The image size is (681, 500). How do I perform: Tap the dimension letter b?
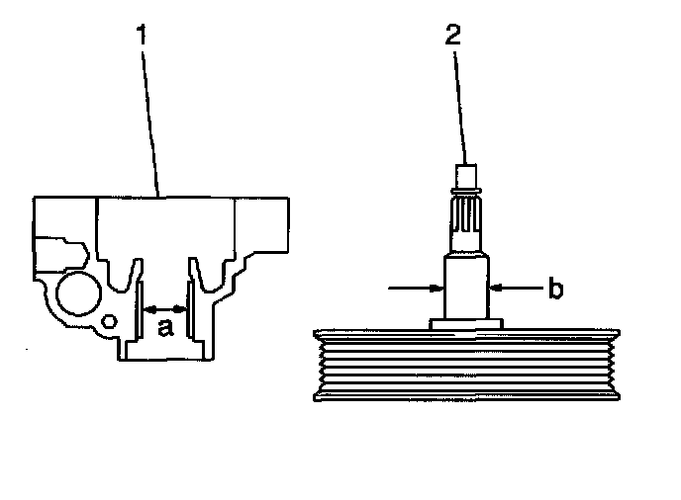click(556, 289)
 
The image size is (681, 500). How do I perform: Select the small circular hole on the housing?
click(111, 319)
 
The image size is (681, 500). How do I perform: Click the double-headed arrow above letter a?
click(166, 309)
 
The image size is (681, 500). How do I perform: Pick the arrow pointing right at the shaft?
click(416, 289)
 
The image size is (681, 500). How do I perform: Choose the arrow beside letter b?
click(517, 289)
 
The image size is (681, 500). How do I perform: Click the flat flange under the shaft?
click(466, 323)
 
